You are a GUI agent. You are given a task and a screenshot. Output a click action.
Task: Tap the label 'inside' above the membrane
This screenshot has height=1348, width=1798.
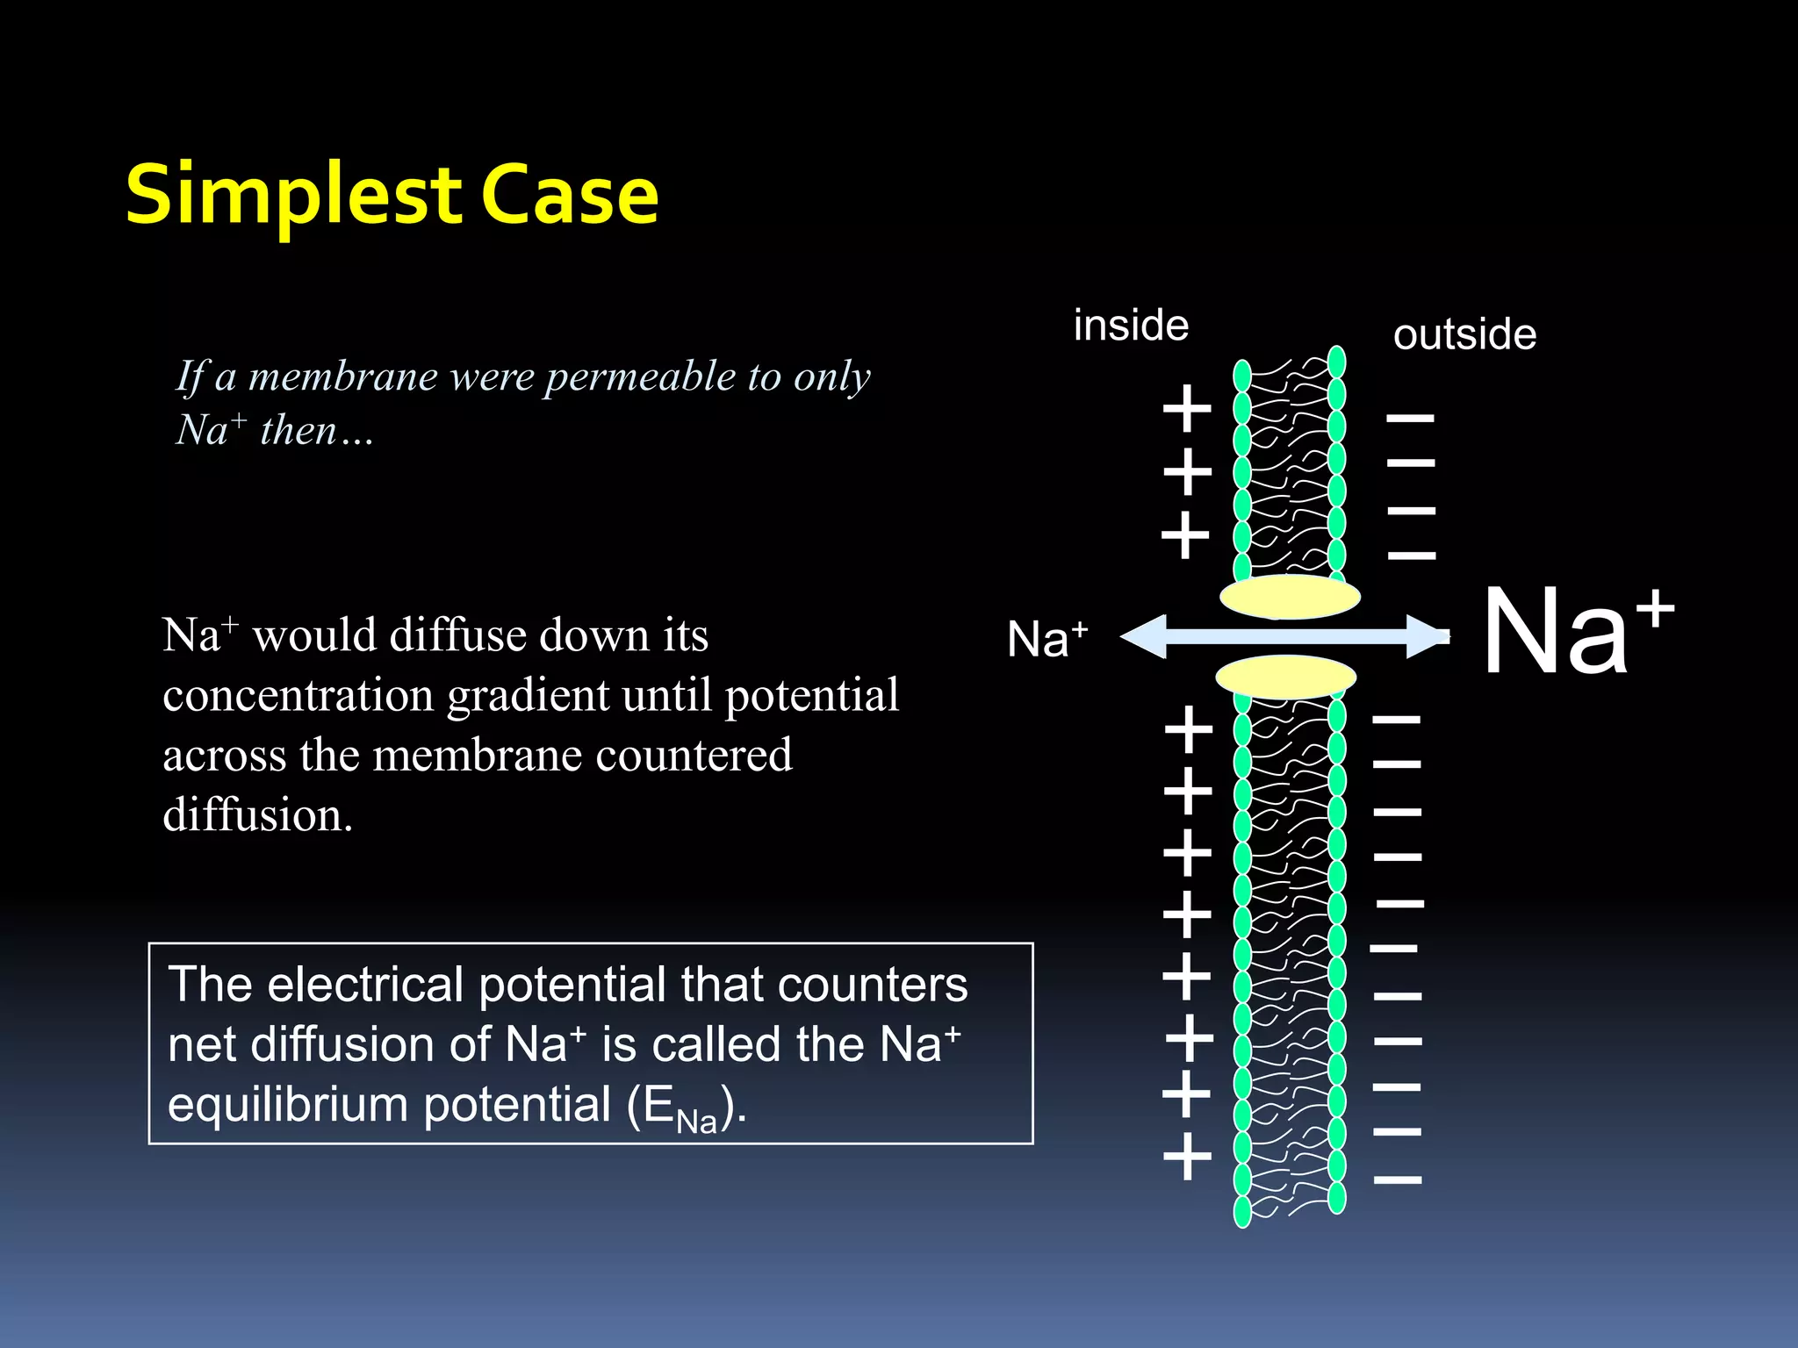[x=1131, y=326]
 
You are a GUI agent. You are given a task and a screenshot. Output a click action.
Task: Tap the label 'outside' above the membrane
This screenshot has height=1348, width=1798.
[x=1464, y=334]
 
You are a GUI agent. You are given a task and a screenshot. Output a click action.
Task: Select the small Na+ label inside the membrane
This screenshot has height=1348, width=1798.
[x=1046, y=638]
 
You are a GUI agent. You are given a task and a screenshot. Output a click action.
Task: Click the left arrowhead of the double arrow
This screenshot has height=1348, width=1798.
[x=1144, y=636]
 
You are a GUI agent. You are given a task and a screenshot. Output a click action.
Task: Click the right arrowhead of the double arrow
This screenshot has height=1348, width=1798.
[x=1427, y=636]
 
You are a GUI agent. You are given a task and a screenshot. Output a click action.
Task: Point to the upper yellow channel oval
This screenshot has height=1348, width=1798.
[x=1290, y=598]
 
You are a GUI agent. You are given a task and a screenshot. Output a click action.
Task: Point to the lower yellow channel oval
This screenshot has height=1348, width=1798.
[x=1285, y=677]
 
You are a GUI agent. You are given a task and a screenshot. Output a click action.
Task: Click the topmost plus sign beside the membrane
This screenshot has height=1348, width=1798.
[x=1187, y=408]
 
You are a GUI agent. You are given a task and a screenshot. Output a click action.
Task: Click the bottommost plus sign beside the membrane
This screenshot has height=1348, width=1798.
[x=1187, y=1156]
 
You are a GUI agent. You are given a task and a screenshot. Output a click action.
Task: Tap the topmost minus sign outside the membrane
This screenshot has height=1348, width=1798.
[x=1410, y=418]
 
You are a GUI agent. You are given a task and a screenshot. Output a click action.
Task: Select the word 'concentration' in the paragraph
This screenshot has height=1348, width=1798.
[x=299, y=695]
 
